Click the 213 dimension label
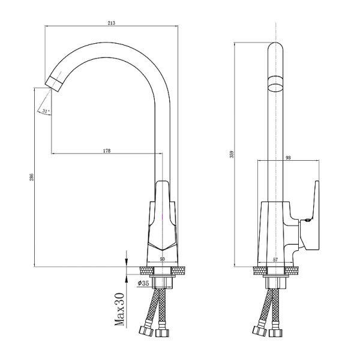point(112,23)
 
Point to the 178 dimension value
point(107,151)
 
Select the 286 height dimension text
point(31,177)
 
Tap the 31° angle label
point(46,112)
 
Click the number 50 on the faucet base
point(162,259)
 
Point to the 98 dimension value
point(288,158)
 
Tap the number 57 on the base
point(275,259)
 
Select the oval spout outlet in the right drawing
point(275,83)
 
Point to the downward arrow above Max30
point(126,260)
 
